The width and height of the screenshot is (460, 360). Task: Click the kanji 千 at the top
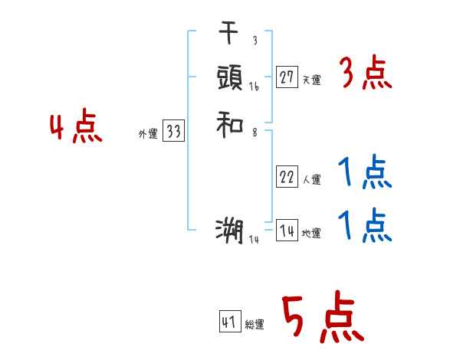(x=229, y=34)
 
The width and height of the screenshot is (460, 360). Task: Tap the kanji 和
(x=229, y=123)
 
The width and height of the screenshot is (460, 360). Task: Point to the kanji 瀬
(x=229, y=231)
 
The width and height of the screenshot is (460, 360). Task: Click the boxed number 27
(x=287, y=77)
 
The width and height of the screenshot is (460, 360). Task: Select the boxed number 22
(x=287, y=178)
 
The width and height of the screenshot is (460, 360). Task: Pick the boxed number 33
(x=173, y=132)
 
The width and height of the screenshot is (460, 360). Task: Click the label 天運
(x=311, y=80)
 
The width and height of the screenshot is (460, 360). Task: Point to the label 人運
(x=311, y=180)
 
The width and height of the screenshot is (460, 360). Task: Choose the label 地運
(x=311, y=234)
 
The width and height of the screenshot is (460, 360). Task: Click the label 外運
(x=147, y=134)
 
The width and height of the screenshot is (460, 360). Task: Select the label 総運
(x=255, y=324)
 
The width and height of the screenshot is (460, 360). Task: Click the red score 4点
(x=76, y=127)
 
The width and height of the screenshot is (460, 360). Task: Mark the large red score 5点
(x=321, y=318)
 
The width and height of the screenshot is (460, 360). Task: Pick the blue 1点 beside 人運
(x=365, y=173)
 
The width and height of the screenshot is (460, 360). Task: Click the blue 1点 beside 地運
(x=365, y=226)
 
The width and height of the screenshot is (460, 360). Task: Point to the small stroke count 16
(x=254, y=87)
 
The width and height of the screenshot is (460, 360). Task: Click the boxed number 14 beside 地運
(x=287, y=231)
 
